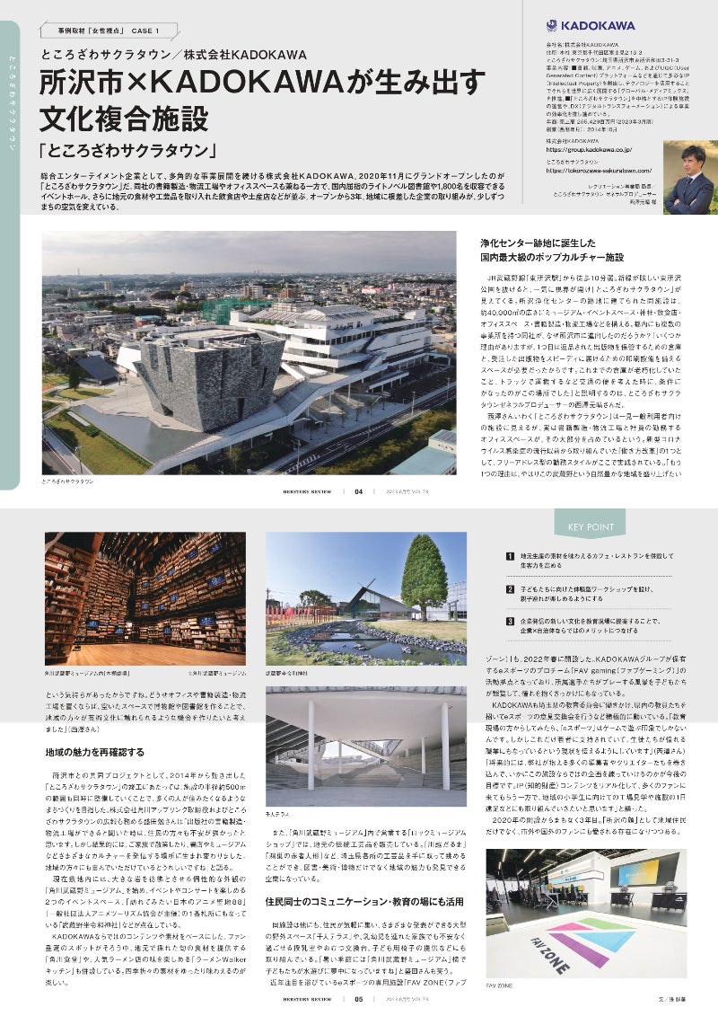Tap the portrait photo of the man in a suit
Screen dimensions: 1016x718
[688, 179]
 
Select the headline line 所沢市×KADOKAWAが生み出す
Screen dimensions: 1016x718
[261, 83]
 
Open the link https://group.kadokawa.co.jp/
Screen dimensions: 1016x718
[589, 150]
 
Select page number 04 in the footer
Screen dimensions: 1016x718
[359, 492]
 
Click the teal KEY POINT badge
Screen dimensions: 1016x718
[584, 526]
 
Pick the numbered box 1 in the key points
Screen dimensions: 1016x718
[510, 559]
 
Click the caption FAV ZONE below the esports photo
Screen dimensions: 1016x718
[500, 985]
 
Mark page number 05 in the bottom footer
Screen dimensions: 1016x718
[359, 998]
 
